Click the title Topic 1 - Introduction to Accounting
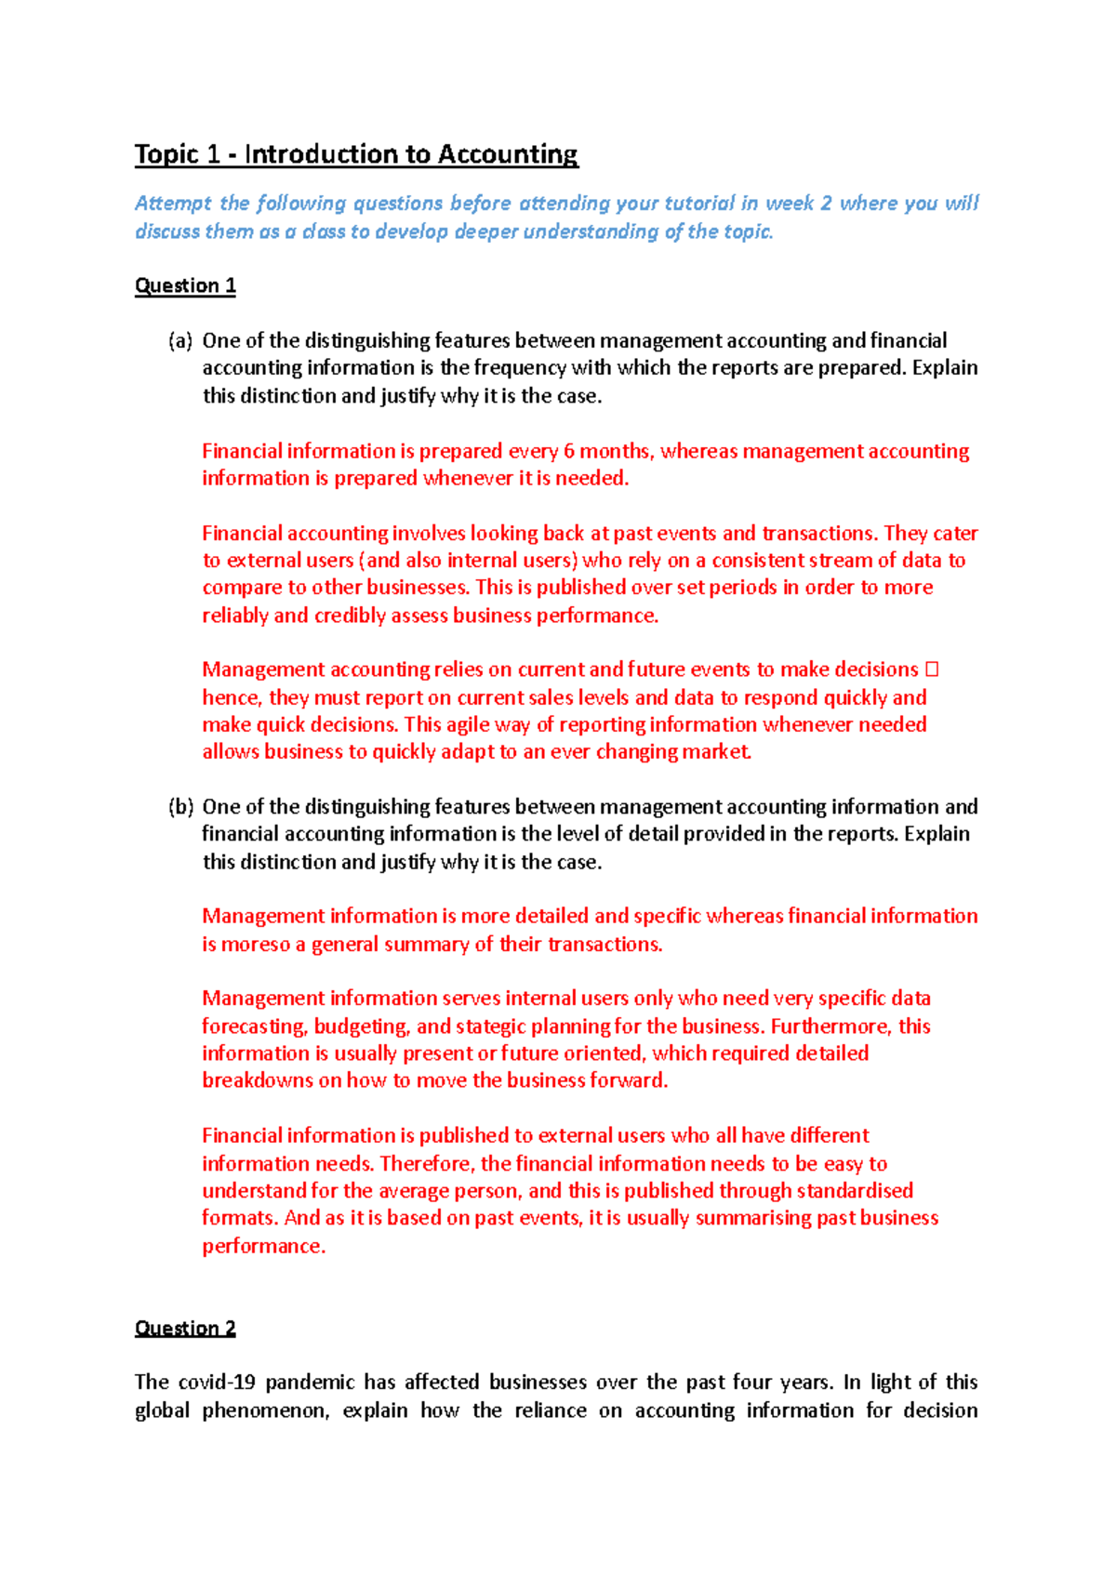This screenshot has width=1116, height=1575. (x=356, y=154)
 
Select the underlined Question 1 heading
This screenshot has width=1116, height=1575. (x=185, y=285)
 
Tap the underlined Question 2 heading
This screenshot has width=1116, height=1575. (x=185, y=1328)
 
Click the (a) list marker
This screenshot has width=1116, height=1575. (x=180, y=341)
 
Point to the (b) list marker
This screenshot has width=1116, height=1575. (x=180, y=807)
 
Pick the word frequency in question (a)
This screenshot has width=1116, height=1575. (x=520, y=368)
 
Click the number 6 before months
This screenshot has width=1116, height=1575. (x=569, y=452)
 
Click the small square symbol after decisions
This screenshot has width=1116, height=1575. (x=933, y=669)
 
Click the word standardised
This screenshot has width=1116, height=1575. (x=855, y=1191)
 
